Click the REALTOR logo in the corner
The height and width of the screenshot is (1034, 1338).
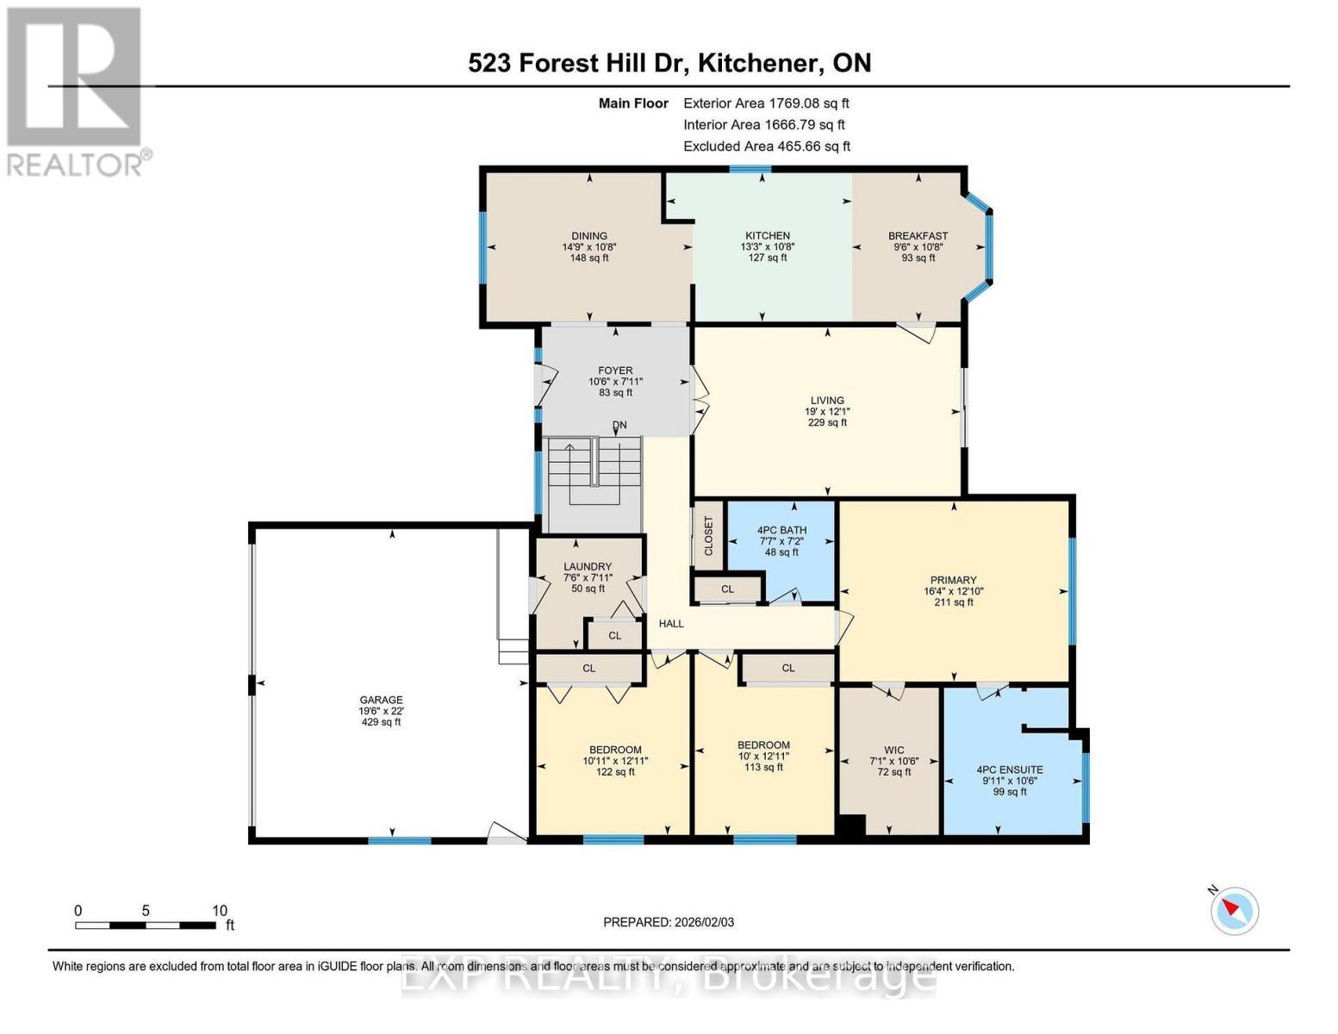[76, 90]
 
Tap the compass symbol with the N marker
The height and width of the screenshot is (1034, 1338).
[1235, 910]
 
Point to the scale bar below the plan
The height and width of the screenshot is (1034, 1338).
[146, 925]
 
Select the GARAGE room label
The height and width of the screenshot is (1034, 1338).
[381, 700]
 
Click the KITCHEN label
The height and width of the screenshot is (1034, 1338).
[767, 235]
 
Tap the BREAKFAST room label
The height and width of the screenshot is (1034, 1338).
[918, 235]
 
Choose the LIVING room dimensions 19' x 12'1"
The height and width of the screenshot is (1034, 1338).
[827, 412]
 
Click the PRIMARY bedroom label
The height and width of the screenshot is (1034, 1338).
[953, 580]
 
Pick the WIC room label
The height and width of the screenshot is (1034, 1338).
[893, 750]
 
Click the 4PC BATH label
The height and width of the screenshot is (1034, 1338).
[781, 530]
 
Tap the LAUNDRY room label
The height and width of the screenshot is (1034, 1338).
[588, 566]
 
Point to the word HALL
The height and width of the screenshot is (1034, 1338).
[671, 623]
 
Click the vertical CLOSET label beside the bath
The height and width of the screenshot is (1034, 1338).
[709, 535]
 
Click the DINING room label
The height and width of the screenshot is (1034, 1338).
[589, 235]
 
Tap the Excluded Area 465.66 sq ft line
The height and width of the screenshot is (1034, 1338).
[766, 146]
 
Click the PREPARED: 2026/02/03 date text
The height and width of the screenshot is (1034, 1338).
[669, 922]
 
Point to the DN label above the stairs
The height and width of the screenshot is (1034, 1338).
[619, 425]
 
